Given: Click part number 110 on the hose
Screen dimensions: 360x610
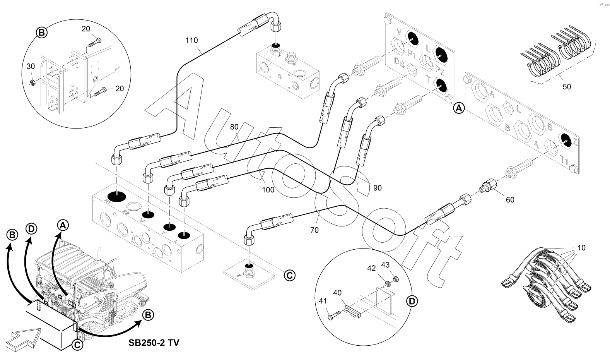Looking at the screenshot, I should [x=191, y=40].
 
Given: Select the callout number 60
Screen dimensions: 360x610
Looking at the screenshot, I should [x=510, y=200].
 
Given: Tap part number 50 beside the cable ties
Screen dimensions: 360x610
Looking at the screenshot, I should [x=566, y=87].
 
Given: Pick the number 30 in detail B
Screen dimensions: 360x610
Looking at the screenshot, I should [x=31, y=66].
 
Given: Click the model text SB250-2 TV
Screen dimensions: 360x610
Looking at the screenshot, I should [x=154, y=343].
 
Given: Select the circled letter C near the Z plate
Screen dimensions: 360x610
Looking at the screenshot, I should [x=289, y=275].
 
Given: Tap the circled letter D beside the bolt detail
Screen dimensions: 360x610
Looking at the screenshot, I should [x=413, y=300].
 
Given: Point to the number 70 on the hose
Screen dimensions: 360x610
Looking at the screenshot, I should [x=314, y=230].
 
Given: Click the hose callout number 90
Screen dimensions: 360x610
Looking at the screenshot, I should [x=377, y=188].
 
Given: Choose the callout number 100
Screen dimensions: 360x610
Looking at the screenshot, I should [x=268, y=190].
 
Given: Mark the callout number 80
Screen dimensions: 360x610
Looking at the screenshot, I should [x=234, y=126].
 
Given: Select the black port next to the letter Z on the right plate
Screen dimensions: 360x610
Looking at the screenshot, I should [x=566, y=140].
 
